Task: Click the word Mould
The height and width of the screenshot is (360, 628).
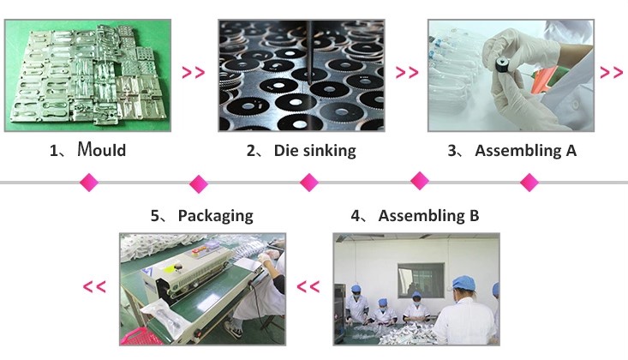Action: (101, 151)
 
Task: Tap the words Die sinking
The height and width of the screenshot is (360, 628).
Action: (314, 151)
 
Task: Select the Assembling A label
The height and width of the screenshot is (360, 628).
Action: (525, 151)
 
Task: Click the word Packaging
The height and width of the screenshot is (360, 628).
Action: (215, 215)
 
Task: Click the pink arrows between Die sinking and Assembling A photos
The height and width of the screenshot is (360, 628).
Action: (407, 73)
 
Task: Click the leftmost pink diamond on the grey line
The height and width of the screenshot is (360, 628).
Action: (88, 182)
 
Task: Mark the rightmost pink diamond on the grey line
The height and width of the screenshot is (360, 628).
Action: (529, 182)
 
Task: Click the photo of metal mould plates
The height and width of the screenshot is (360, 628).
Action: (87, 75)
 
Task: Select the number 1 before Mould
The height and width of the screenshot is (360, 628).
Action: (54, 152)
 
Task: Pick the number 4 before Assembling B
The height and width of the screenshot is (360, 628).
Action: (355, 215)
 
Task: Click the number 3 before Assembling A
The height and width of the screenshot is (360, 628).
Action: (452, 152)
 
